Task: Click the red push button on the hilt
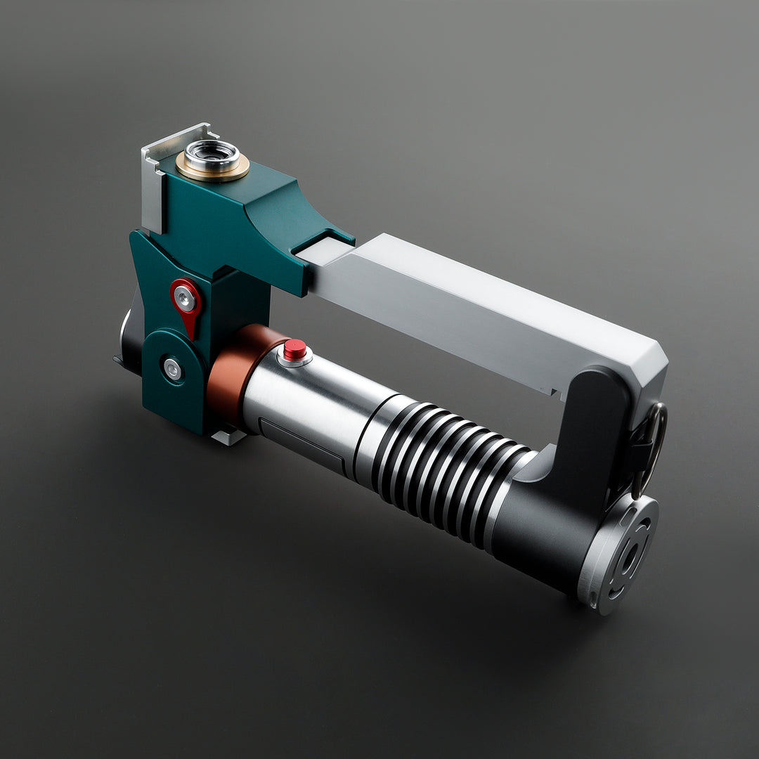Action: (x=294, y=349)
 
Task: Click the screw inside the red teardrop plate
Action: (x=185, y=299)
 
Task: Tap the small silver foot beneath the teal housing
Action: (x=229, y=437)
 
